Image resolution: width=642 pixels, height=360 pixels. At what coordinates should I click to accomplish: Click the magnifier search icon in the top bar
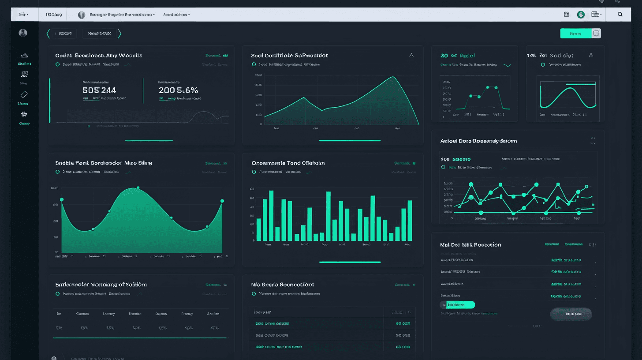click(x=620, y=15)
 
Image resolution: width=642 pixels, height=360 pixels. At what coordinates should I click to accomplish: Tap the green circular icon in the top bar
click(x=581, y=15)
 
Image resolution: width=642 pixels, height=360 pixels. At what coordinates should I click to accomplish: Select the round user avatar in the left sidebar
click(x=23, y=33)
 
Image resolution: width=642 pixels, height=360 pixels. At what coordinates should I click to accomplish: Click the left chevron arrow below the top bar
click(x=48, y=34)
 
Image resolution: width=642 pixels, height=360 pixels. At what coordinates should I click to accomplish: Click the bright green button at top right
click(x=575, y=34)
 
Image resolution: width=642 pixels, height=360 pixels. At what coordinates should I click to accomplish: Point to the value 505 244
click(x=99, y=90)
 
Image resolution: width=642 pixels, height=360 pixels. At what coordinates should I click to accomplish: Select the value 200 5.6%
click(x=178, y=90)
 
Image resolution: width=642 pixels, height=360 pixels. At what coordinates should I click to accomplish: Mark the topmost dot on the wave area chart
click(x=138, y=188)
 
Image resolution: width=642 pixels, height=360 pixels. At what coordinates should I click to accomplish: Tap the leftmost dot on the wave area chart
click(x=62, y=200)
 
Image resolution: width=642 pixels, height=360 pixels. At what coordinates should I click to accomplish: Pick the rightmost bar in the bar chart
click(x=410, y=221)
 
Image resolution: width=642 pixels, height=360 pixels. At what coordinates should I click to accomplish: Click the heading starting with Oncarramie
click(x=288, y=163)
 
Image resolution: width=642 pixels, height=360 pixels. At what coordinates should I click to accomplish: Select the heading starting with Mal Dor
click(x=470, y=245)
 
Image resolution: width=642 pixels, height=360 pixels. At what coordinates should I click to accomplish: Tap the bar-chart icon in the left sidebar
click(x=24, y=56)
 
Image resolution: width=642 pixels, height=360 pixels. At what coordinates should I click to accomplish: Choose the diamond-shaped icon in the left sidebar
click(x=24, y=94)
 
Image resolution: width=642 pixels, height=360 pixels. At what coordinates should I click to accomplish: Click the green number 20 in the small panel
click(x=444, y=56)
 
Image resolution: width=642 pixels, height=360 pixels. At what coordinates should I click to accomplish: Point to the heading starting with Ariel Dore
click(x=478, y=141)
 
